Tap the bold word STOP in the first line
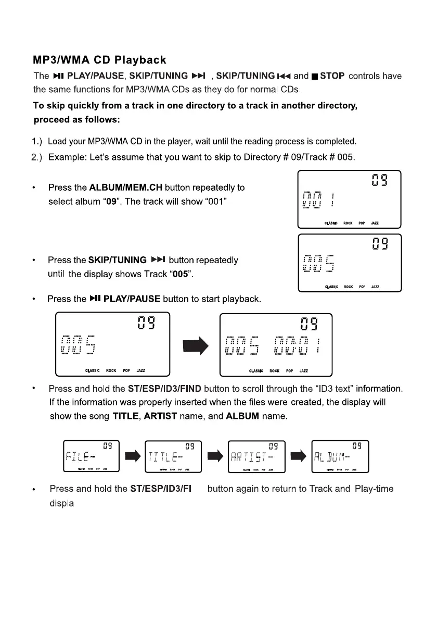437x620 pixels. click(x=332, y=76)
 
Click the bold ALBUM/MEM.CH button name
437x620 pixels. click(x=125, y=188)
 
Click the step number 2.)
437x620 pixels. click(x=38, y=157)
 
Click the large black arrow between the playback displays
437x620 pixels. click(x=195, y=343)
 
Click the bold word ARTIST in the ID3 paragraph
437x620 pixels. click(x=161, y=417)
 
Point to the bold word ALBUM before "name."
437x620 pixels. click(x=243, y=417)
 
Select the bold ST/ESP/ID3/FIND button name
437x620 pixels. click(x=164, y=389)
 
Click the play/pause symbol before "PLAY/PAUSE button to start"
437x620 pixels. click(x=94, y=299)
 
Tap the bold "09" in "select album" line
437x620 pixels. click(x=110, y=202)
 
